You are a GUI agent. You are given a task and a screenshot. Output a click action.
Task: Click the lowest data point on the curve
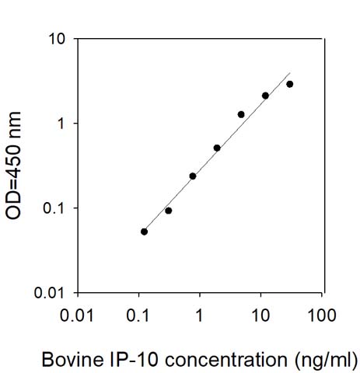[145, 232]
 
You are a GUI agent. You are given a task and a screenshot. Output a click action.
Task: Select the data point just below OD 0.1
[169, 211]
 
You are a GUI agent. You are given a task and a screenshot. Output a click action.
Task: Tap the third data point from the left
[193, 176]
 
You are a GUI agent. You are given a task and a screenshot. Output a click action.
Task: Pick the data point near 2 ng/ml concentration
[217, 148]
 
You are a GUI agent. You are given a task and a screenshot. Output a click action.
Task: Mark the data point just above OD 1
[241, 114]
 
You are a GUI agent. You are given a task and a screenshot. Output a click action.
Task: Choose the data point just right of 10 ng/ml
[265, 96]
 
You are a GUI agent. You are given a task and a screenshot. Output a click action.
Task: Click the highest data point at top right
[290, 84]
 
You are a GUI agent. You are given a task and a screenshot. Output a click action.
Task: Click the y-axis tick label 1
[60, 124]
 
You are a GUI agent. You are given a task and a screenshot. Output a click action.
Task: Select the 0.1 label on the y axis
[53, 208]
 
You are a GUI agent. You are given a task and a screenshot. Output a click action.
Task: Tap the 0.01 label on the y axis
[49, 293]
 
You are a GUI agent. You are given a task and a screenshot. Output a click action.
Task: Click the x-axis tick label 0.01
[77, 315]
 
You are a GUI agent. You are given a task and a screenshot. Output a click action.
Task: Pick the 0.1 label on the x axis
[138, 315]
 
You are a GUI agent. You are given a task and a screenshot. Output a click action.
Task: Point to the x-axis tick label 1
[199, 315]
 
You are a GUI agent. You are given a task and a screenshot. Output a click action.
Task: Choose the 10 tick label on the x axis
[260, 315]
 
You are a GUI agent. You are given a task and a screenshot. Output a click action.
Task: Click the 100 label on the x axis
[322, 315]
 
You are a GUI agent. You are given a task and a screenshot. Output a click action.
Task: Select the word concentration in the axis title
[226, 360]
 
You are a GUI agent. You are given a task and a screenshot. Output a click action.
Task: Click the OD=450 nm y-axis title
[13, 166]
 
